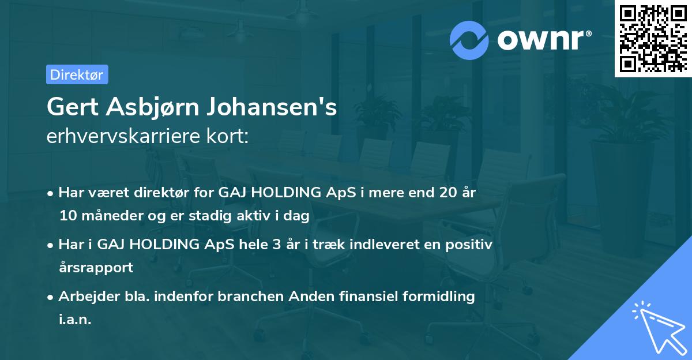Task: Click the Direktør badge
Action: coord(77,74)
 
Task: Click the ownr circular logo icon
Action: coord(469,40)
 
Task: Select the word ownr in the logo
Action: coord(539,40)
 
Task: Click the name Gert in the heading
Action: coord(72,107)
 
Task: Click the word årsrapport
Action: coord(96,268)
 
